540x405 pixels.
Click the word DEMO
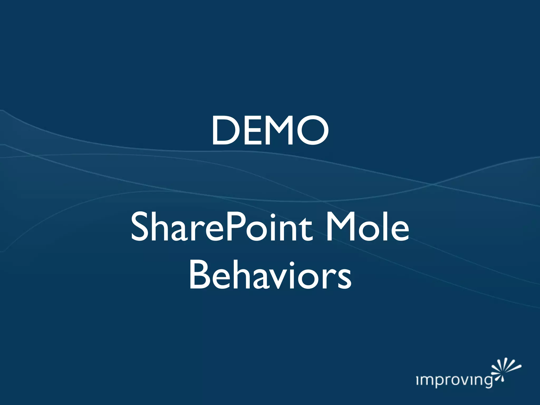point(270,131)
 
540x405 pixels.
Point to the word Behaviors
point(270,276)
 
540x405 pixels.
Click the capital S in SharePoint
point(139,227)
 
